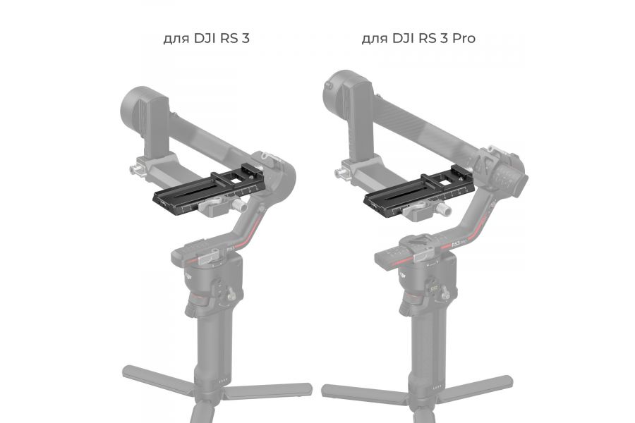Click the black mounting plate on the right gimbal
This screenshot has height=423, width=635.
coord(402,195)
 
